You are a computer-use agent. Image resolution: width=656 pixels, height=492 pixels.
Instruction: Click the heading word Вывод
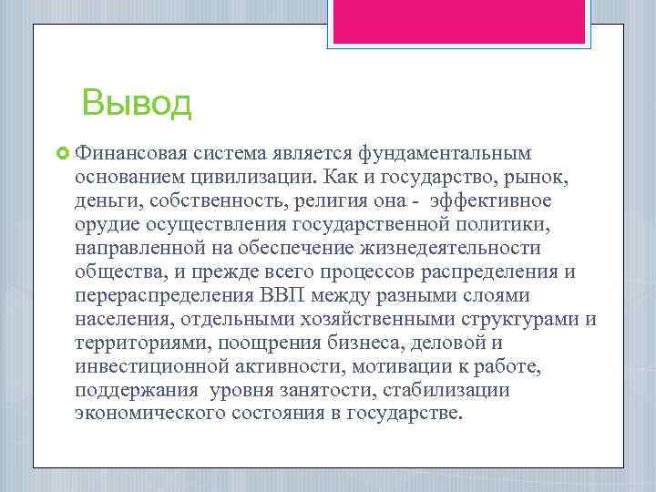pos(136,103)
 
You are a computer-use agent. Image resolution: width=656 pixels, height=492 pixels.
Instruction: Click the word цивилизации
pos(240,175)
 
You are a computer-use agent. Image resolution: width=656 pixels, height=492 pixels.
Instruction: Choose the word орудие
pos(106,223)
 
